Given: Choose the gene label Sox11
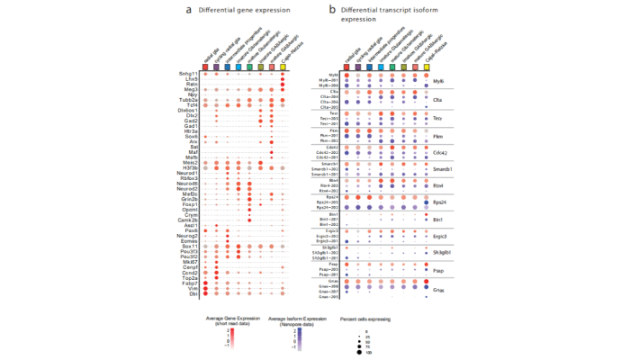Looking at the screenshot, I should click(191, 244).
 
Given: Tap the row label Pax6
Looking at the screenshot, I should click(192, 230).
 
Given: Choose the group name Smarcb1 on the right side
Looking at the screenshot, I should click(442, 169).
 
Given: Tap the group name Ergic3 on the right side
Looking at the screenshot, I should click(440, 237).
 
